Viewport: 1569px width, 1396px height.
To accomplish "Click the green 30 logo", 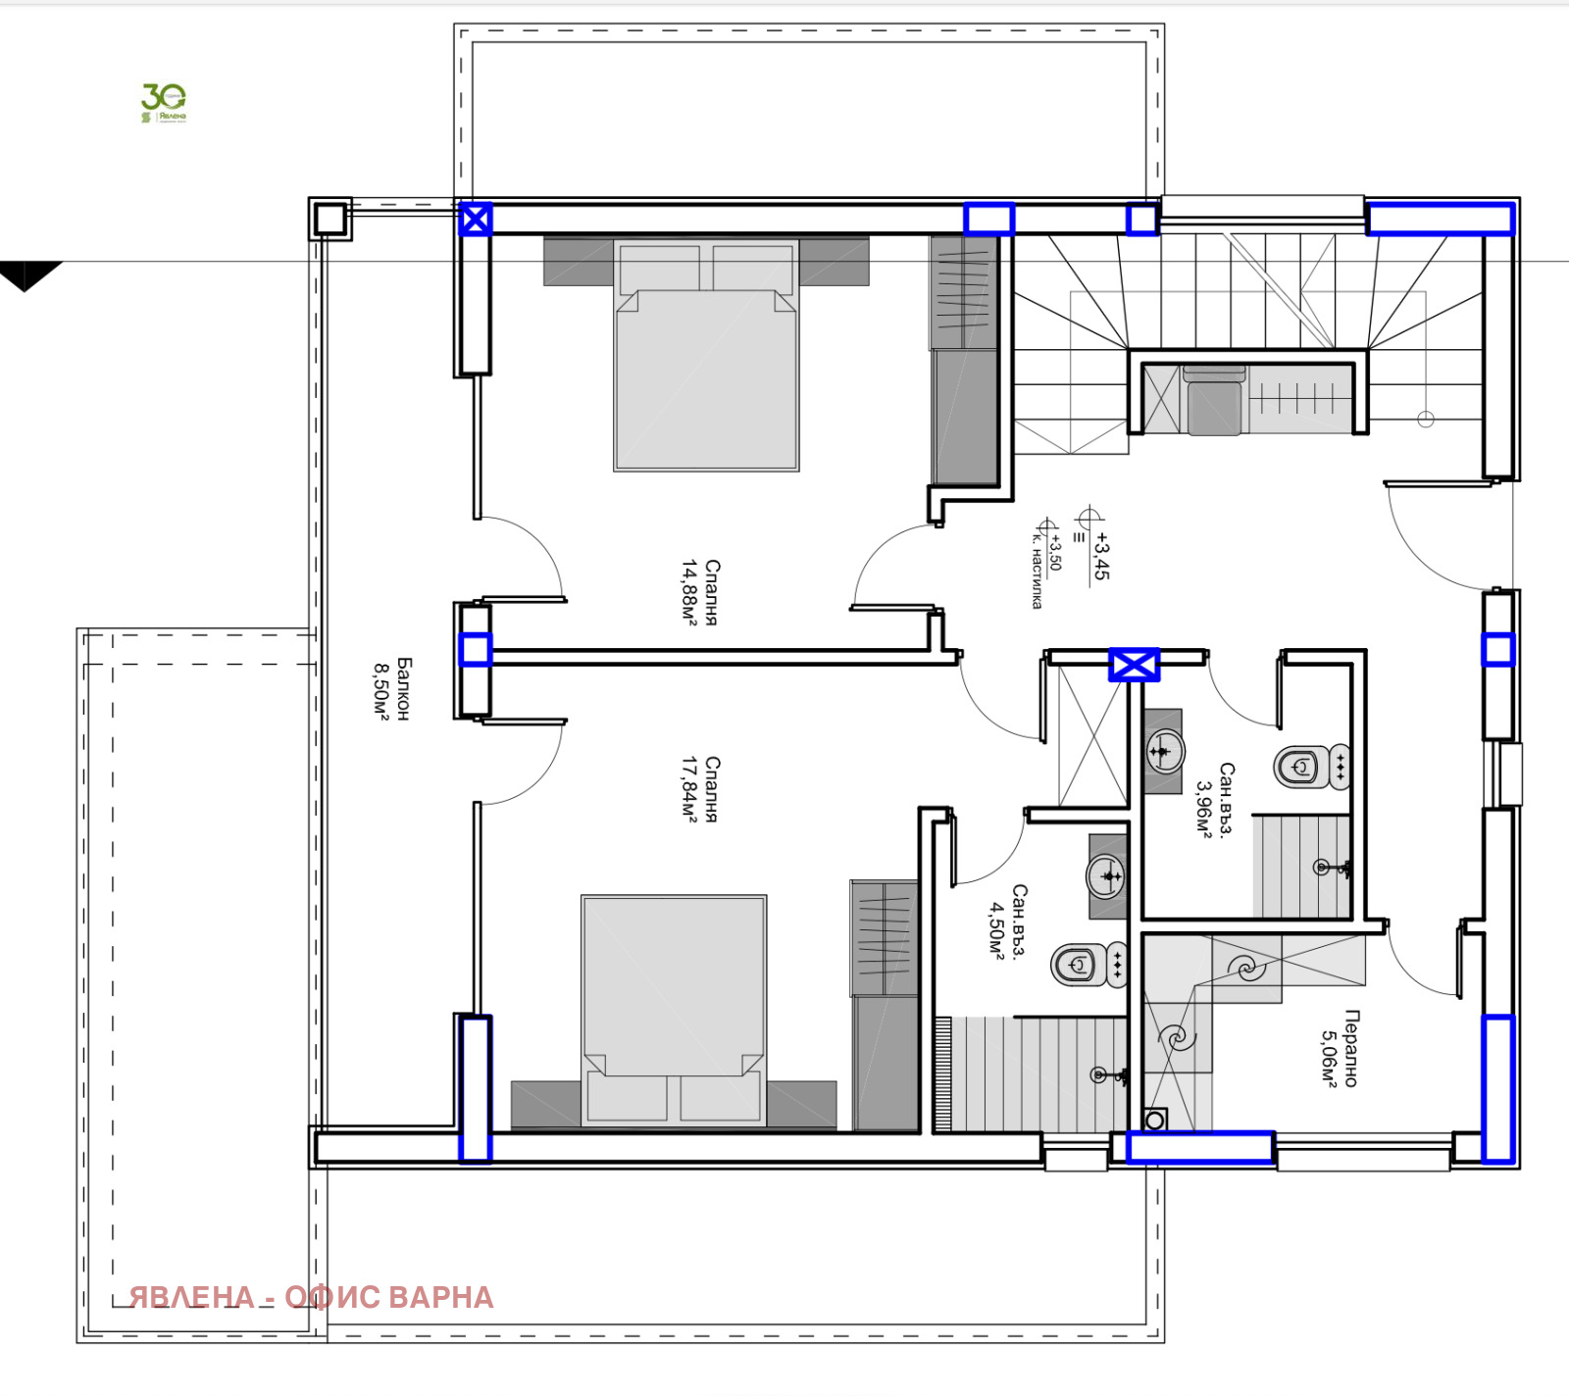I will [x=163, y=101].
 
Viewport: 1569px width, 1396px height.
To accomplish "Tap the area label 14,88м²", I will [x=690, y=591].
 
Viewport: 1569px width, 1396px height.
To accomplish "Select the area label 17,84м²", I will [x=690, y=789].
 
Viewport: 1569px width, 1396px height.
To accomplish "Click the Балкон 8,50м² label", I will [x=391, y=689].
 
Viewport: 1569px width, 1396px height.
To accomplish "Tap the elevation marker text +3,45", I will [x=1101, y=556].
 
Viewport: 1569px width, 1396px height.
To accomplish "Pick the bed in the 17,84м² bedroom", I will [x=674, y=990].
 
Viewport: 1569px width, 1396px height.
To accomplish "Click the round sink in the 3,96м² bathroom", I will [x=1164, y=751].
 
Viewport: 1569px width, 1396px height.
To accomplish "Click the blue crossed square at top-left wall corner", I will [x=476, y=220].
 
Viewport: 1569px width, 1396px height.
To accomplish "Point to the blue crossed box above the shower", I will [x=1134, y=665].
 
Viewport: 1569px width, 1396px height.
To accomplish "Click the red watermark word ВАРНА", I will [x=440, y=1297].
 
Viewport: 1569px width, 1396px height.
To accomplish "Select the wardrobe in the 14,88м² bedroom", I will [x=963, y=363].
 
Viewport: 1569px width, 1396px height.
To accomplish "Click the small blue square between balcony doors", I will [x=476, y=650].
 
